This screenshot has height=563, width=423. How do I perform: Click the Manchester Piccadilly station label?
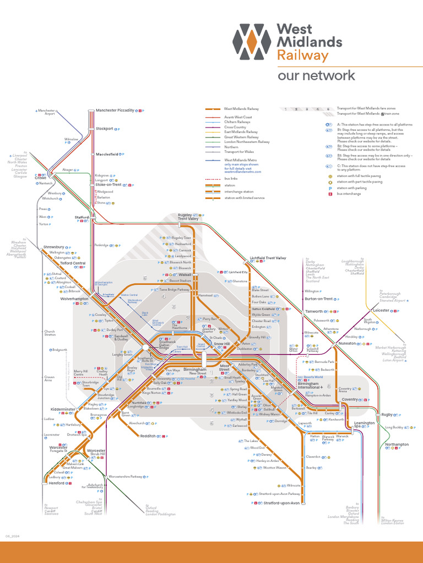115,111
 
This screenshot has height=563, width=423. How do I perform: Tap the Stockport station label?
104,129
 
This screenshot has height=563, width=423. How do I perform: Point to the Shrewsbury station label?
53,247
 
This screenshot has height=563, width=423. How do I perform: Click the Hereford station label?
56,483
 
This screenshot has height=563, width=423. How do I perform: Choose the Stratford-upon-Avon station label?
281,503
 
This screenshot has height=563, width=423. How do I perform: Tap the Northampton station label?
397,444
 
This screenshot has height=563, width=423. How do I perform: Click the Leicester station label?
381,311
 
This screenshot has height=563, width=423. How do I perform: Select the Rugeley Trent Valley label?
188,217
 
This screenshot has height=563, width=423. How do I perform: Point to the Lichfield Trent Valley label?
268,258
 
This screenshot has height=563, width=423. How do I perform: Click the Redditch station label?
148,435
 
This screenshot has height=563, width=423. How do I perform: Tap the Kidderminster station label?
62,410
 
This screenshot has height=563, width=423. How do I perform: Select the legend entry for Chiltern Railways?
237,122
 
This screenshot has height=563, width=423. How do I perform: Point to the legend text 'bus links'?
230,179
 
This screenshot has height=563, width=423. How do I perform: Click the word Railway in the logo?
302,56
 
